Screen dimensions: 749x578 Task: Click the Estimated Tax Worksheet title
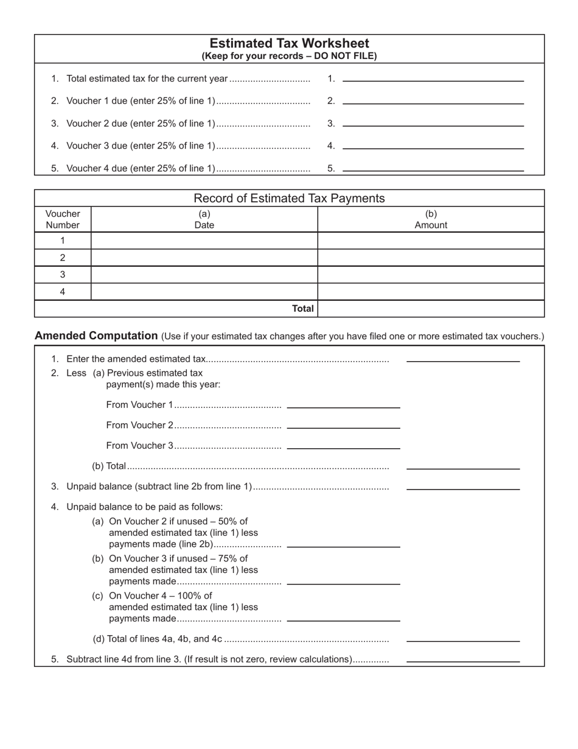pyautogui.click(x=289, y=43)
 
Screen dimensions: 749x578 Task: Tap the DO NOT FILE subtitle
pyautogui.click(x=289, y=56)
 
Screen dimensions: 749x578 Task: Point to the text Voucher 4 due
pyautogui.click(x=141, y=169)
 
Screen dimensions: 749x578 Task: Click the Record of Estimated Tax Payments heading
pyautogui.click(x=289, y=198)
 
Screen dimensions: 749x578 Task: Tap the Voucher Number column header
pyautogui.click(x=63, y=219)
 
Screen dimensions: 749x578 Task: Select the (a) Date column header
pyautogui.click(x=204, y=219)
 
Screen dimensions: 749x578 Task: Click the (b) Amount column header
pyautogui.click(x=431, y=219)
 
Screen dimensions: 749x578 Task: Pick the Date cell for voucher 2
pyautogui.click(x=204, y=258)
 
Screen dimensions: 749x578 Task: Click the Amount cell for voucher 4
pyautogui.click(x=431, y=292)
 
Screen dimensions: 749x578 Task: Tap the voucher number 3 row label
pyautogui.click(x=63, y=275)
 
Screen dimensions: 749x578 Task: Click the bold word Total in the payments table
pyautogui.click(x=302, y=309)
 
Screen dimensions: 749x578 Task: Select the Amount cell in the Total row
pyautogui.click(x=431, y=309)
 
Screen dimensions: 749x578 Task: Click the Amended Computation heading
pyautogui.click(x=96, y=336)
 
